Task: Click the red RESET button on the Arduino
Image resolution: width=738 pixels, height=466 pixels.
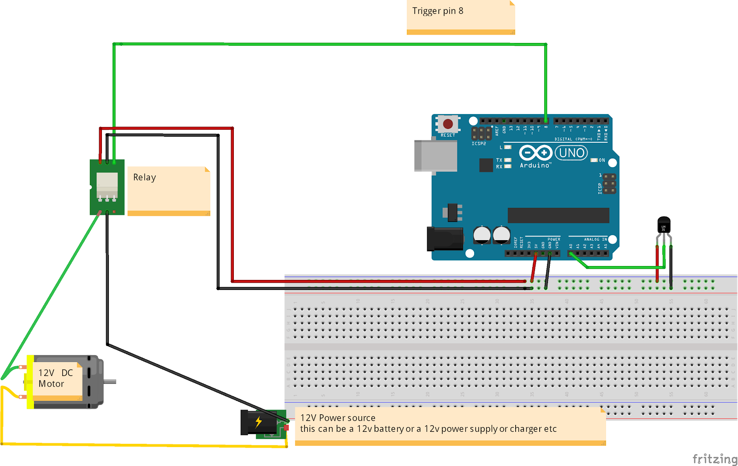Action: click(448, 124)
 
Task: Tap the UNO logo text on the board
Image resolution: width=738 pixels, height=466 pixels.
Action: click(571, 153)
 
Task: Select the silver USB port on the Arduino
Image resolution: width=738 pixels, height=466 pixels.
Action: click(435, 156)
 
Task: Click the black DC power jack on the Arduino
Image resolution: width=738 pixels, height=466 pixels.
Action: click(445, 239)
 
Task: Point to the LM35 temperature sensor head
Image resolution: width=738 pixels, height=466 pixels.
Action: click(664, 225)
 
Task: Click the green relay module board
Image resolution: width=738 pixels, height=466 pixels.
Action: click(107, 187)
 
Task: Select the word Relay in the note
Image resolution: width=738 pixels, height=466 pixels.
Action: click(144, 177)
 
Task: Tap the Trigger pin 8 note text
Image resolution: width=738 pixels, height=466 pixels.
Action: click(438, 11)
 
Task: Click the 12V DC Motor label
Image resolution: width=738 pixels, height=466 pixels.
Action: click(55, 378)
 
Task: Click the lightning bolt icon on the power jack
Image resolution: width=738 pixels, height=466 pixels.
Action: click(258, 421)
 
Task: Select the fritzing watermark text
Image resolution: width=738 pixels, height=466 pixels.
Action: click(714, 459)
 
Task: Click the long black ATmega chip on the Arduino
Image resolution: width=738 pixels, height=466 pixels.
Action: click(558, 215)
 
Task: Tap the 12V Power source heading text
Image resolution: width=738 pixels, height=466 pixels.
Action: click(338, 418)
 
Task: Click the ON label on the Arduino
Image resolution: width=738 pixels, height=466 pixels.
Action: click(602, 160)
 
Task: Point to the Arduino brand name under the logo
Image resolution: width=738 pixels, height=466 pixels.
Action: click(535, 165)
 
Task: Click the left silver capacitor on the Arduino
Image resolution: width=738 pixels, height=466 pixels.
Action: click(482, 235)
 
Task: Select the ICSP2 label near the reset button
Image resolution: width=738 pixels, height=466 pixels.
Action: click(478, 144)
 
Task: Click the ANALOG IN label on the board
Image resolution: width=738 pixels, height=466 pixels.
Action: click(595, 239)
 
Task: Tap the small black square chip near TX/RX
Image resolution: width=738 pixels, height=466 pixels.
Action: click(486, 165)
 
